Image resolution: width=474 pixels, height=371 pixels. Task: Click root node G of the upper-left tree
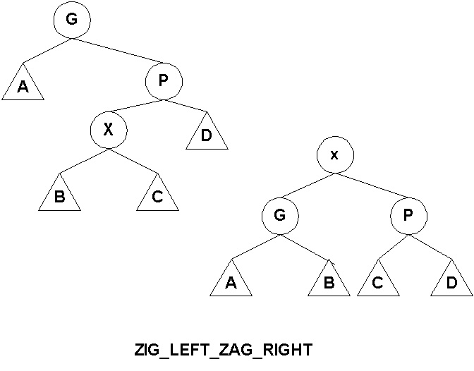coord(71,20)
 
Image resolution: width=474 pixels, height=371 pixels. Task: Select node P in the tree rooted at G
coord(164,81)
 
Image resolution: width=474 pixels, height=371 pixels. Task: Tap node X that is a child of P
coord(108,130)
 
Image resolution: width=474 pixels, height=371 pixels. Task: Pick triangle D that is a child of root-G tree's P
coord(207,135)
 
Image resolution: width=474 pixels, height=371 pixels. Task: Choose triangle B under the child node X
coord(60,195)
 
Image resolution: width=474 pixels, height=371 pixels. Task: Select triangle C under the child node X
coord(157,195)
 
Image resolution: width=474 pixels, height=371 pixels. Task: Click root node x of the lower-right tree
coord(334,154)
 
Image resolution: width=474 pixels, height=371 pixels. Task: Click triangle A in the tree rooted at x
coord(231,281)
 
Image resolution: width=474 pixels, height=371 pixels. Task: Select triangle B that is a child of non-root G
coord(329,281)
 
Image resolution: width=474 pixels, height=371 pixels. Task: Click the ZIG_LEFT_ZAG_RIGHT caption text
coord(222,350)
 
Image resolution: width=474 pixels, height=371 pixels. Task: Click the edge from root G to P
coord(117,53)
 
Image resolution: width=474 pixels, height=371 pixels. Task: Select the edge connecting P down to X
coord(138,108)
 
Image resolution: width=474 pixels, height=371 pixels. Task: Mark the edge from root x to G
coord(308,188)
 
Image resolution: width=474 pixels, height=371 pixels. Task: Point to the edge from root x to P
coord(371,188)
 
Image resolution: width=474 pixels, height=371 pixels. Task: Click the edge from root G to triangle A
coord(47,50)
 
